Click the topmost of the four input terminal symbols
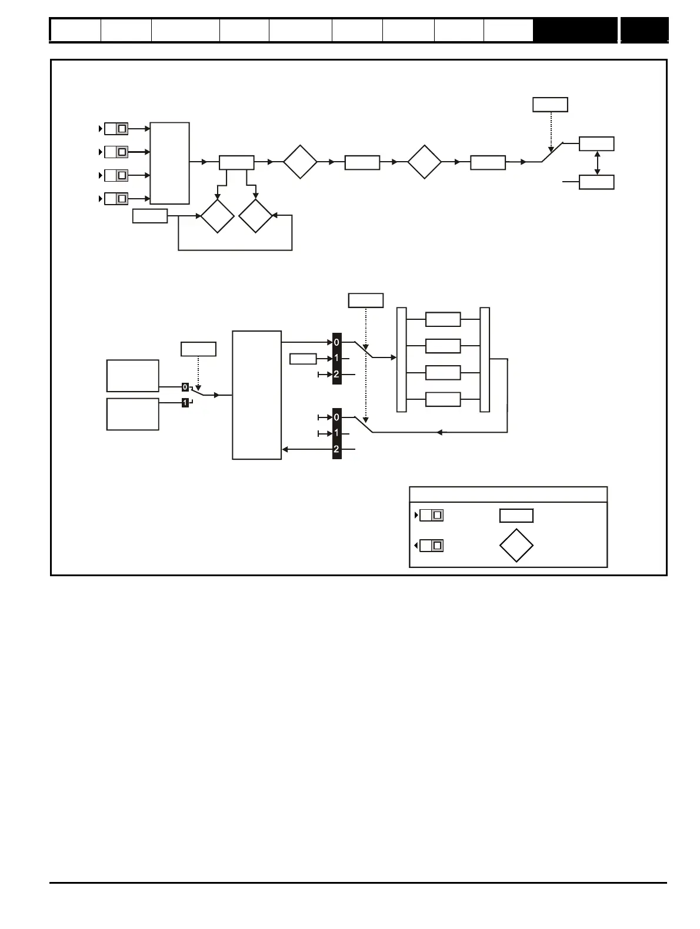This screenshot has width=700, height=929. (x=116, y=129)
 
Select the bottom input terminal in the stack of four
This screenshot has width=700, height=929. (x=116, y=199)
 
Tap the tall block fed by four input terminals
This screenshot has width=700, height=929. (x=170, y=163)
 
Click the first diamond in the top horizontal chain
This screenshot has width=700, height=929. (x=300, y=162)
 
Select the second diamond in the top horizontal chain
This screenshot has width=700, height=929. (x=424, y=162)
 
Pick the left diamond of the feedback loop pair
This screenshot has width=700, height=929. (x=217, y=216)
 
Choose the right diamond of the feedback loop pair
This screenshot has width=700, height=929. (x=256, y=216)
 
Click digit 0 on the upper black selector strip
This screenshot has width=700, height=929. (x=336, y=342)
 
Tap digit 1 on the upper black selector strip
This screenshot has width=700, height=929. (x=336, y=358)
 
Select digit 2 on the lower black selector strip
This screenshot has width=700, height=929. (x=336, y=449)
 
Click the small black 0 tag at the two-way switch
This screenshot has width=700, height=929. (x=185, y=387)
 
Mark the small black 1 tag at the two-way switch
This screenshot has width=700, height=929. (x=185, y=403)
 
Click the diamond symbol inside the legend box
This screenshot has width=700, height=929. (x=516, y=546)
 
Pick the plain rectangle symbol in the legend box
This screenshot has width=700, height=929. (x=516, y=516)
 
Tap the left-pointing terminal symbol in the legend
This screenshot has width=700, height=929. (x=431, y=546)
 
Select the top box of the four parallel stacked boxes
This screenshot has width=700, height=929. (x=442, y=320)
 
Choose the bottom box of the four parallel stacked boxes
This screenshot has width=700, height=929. (x=442, y=399)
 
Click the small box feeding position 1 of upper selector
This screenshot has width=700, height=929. (x=303, y=358)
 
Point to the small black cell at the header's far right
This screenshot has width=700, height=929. (x=644, y=30)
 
